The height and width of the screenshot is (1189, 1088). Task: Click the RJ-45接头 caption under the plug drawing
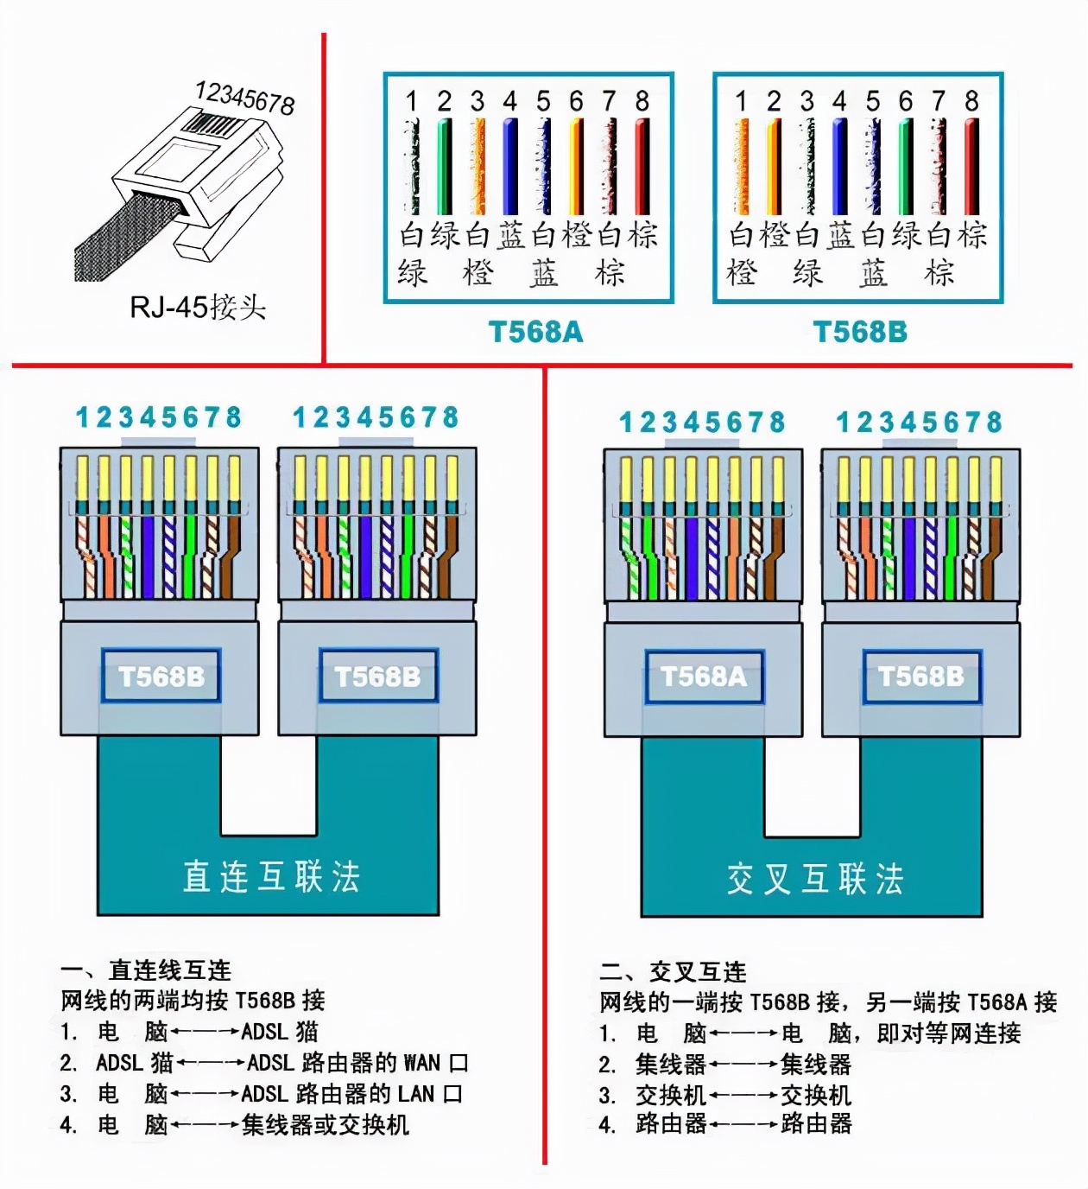198,307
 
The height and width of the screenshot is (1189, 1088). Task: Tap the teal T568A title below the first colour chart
535,332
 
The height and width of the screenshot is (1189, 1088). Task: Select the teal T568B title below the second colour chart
860,332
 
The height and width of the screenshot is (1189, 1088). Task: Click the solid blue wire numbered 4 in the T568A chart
510,166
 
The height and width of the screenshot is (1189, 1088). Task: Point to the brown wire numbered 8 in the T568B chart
971,166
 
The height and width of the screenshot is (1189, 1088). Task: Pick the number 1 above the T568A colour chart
412,101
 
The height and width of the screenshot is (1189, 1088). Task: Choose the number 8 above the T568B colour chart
971,101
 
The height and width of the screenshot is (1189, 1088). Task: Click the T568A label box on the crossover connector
704,676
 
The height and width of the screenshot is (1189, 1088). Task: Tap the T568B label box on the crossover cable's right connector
921,676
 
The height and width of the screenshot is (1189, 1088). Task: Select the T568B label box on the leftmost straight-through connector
161,676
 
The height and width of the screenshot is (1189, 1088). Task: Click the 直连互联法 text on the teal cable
271,876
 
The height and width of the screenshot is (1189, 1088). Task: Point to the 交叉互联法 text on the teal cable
815,879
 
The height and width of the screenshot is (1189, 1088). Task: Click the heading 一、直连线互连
146,970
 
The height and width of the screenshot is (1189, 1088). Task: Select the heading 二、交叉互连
674,972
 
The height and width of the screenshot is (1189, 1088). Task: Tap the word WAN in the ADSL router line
421,1062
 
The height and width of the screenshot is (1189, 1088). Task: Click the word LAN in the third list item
416,1094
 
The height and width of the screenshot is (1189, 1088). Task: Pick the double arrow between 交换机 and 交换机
743,1096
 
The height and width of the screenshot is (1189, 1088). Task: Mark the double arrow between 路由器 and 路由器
743,1124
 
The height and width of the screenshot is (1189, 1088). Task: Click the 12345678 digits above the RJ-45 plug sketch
245,97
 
